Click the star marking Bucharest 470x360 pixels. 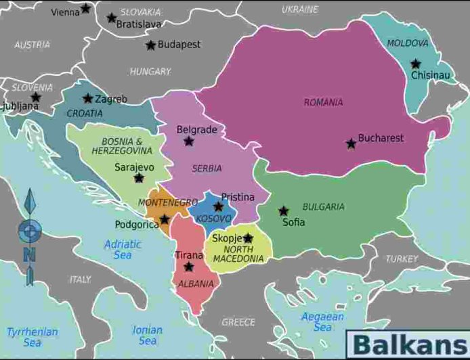(351, 143)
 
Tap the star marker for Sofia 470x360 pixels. (283, 210)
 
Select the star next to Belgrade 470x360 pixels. (189, 141)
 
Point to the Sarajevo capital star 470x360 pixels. (139, 178)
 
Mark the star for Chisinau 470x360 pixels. (415, 64)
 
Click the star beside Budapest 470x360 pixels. (150, 45)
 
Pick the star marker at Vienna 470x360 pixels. (85, 9)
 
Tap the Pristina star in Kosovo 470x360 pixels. (218, 206)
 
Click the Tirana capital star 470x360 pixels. (188, 267)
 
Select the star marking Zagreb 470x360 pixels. (88, 99)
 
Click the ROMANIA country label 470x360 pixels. (323, 103)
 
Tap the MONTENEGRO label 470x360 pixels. (167, 202)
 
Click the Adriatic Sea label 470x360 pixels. (123, 250)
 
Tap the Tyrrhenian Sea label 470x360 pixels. (32, 337)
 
